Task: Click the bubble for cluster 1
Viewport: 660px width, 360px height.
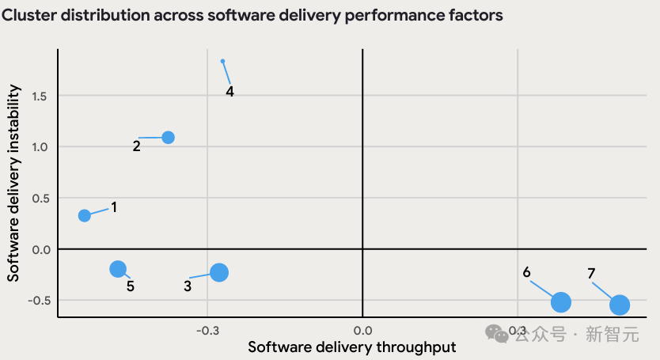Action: pyautogui.click(x=85, y=215)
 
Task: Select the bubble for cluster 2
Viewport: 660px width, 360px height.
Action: pyautogui.click(x=168, y=137)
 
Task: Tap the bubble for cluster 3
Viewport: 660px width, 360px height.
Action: pyautogui.click(x=219, y=272)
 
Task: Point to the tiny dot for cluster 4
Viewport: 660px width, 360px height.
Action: pyautogui.click(x=223, y=61)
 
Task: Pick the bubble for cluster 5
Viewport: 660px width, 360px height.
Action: pyautogui.click(x=118, y=269)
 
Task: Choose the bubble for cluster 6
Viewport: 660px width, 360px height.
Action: pyautogui.click(x=561, y=301)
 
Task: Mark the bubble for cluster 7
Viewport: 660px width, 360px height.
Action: pyautogui.click(x=619, y=305)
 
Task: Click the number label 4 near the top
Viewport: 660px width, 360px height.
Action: pyautogui.click(x=229, y=91)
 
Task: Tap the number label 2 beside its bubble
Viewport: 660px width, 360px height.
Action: pyautogui.click(x=136, y=146)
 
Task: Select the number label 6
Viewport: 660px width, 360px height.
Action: pyautogui.click(x=526, y=272)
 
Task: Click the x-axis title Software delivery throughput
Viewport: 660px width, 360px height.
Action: pyautogui.click(x=352, y=347)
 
